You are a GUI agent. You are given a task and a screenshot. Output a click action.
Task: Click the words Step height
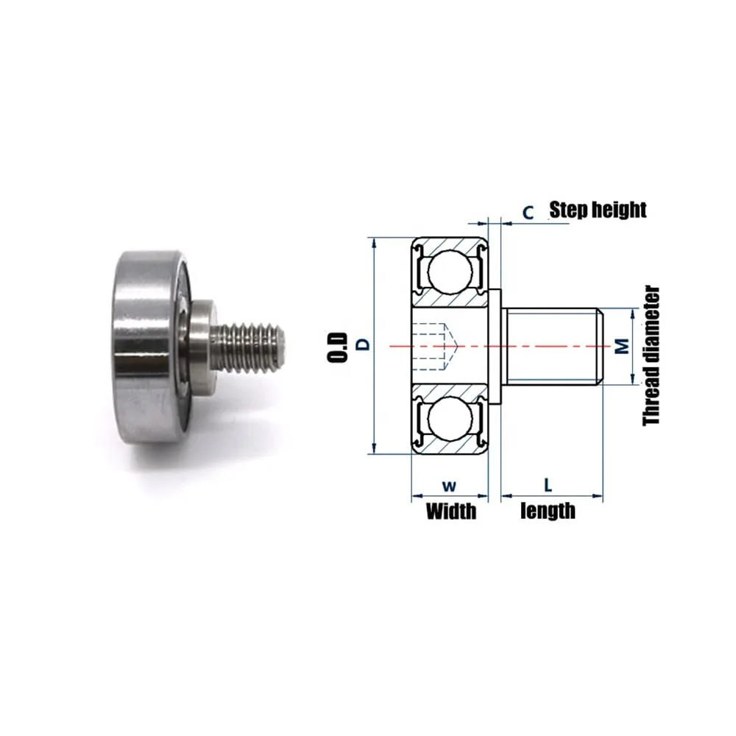598,210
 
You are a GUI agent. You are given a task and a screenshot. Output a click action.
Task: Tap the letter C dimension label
528,213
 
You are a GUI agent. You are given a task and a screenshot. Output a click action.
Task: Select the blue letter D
364,344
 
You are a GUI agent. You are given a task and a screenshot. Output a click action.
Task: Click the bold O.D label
338,347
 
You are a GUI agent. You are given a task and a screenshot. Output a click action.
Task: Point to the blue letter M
622,347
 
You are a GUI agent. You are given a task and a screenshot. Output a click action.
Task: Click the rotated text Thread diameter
651,355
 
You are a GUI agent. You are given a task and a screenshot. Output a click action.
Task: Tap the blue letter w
449,486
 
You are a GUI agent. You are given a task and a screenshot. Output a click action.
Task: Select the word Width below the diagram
451,511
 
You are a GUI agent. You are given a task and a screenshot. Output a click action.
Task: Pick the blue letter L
548,485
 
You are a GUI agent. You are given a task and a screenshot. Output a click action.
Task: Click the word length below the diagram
548,511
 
